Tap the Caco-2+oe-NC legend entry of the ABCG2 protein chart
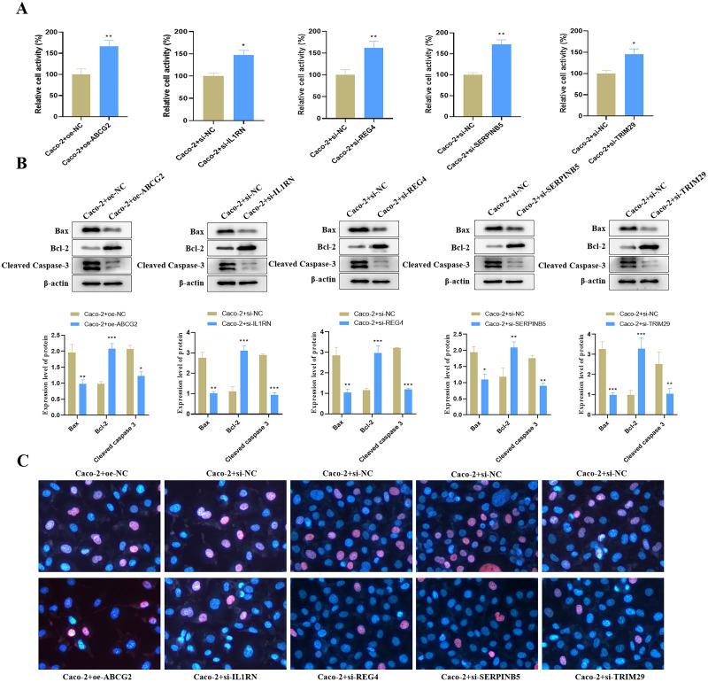[102, 314]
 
